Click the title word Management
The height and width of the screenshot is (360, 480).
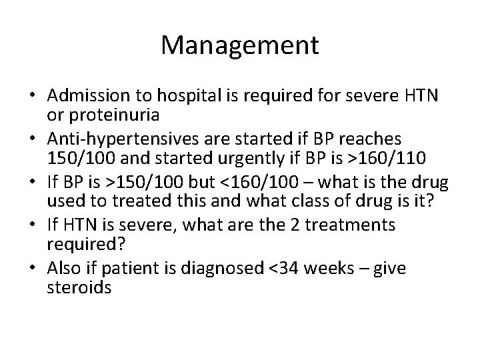[239, 45]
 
